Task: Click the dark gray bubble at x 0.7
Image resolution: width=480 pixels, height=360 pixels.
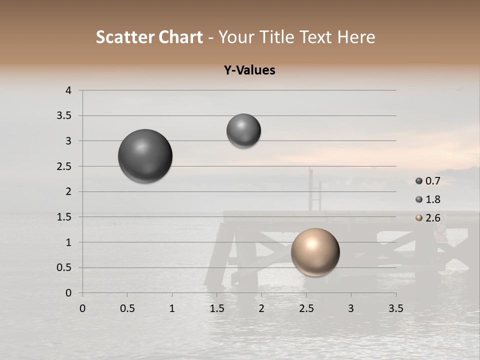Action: [145, 156]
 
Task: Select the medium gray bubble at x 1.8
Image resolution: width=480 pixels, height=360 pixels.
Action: [243, 130]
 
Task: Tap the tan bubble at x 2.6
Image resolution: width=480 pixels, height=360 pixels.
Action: [315, 252]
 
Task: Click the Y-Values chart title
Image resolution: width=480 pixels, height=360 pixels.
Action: [249, 70]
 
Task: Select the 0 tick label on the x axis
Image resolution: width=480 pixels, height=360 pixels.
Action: [82, 308]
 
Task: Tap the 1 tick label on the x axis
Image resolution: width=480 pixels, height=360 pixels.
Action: [172, 308]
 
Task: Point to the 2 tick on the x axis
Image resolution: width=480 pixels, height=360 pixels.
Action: [261, 308]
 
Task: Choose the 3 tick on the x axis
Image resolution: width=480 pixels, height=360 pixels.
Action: [351, 308]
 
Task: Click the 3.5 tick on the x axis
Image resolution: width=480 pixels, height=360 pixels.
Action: [395, 308]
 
